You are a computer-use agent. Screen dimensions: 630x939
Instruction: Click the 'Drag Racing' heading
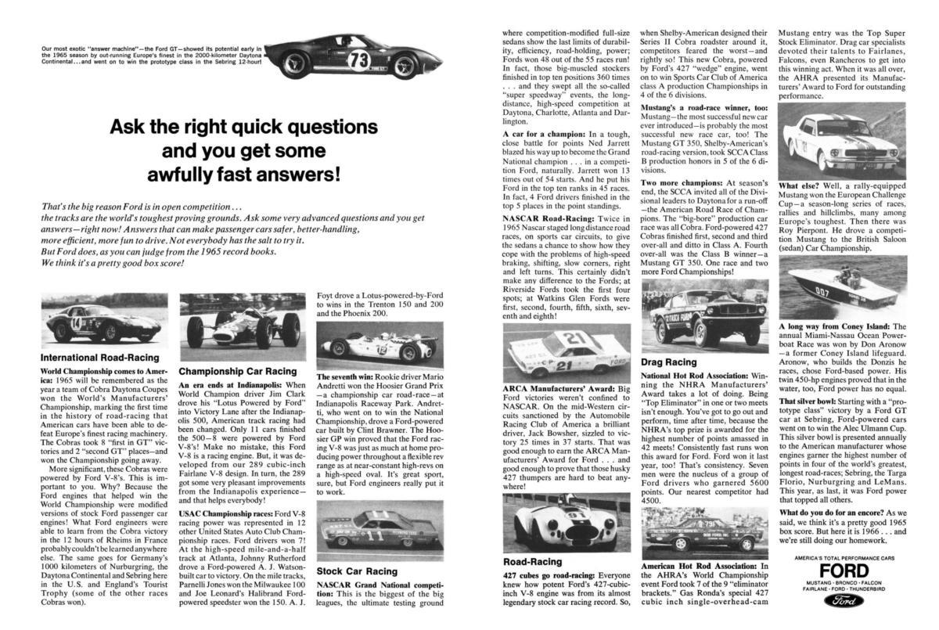(669, 362)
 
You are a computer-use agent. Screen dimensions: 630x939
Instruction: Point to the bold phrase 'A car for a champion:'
(538, 135)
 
